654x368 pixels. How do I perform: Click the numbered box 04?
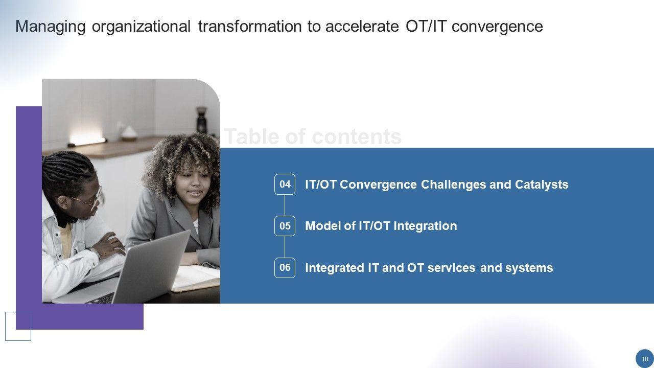(285, 185)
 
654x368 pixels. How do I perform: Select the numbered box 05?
(285, 226)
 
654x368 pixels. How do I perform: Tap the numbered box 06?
(285, 268)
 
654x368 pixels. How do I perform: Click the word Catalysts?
(542, 185)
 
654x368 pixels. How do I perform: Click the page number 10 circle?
(645, 359)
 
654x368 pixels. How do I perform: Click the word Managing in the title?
(51, 27)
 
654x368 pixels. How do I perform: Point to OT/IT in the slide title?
(426, 26)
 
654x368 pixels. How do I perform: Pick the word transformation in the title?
(250, 26)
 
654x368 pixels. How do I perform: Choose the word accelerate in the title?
(362, 26)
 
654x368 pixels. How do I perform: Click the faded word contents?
(357, 136)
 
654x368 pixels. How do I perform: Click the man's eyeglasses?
(89, 199)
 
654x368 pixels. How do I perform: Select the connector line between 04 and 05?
(285, 205)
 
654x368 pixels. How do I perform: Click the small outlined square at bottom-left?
(18, 326)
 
